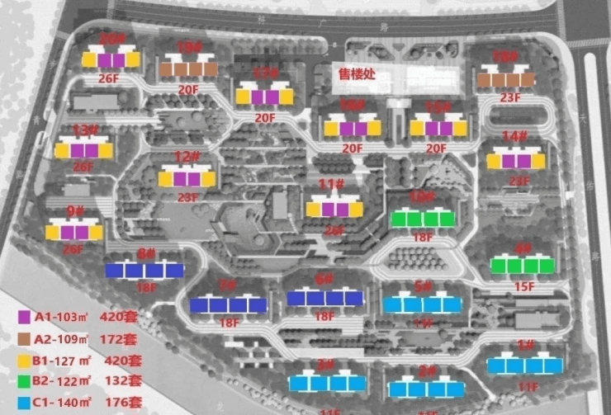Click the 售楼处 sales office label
click(x=357, y=73)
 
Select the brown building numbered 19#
click(x=188, y=69)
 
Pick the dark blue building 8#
click(x=144, y=270)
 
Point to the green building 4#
click(x=521, y=266)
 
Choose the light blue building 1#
click(x=524, y=365)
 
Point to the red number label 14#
click(x=514, y=136)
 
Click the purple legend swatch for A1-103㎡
click(x=25, y=316)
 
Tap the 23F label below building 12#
click(x=188, y=197)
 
